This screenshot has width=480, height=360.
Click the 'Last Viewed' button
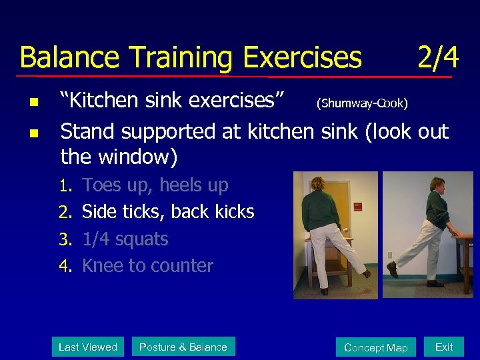(88, 347)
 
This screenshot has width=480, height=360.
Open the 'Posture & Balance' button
(183, 347)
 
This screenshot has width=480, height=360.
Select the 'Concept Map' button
(376, 347)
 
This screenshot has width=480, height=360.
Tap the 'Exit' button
(444, 347)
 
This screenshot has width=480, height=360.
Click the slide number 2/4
(438, 57)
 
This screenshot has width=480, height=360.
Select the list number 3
(65, 239)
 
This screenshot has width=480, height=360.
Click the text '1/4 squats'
(125, 239)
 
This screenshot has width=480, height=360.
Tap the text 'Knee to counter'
(147, 266)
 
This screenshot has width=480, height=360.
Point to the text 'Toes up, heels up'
(155, 185)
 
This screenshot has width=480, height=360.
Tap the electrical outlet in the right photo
(390, 254)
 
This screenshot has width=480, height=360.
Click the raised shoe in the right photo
(393, 269)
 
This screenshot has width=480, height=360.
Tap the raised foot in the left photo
(366, 272)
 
